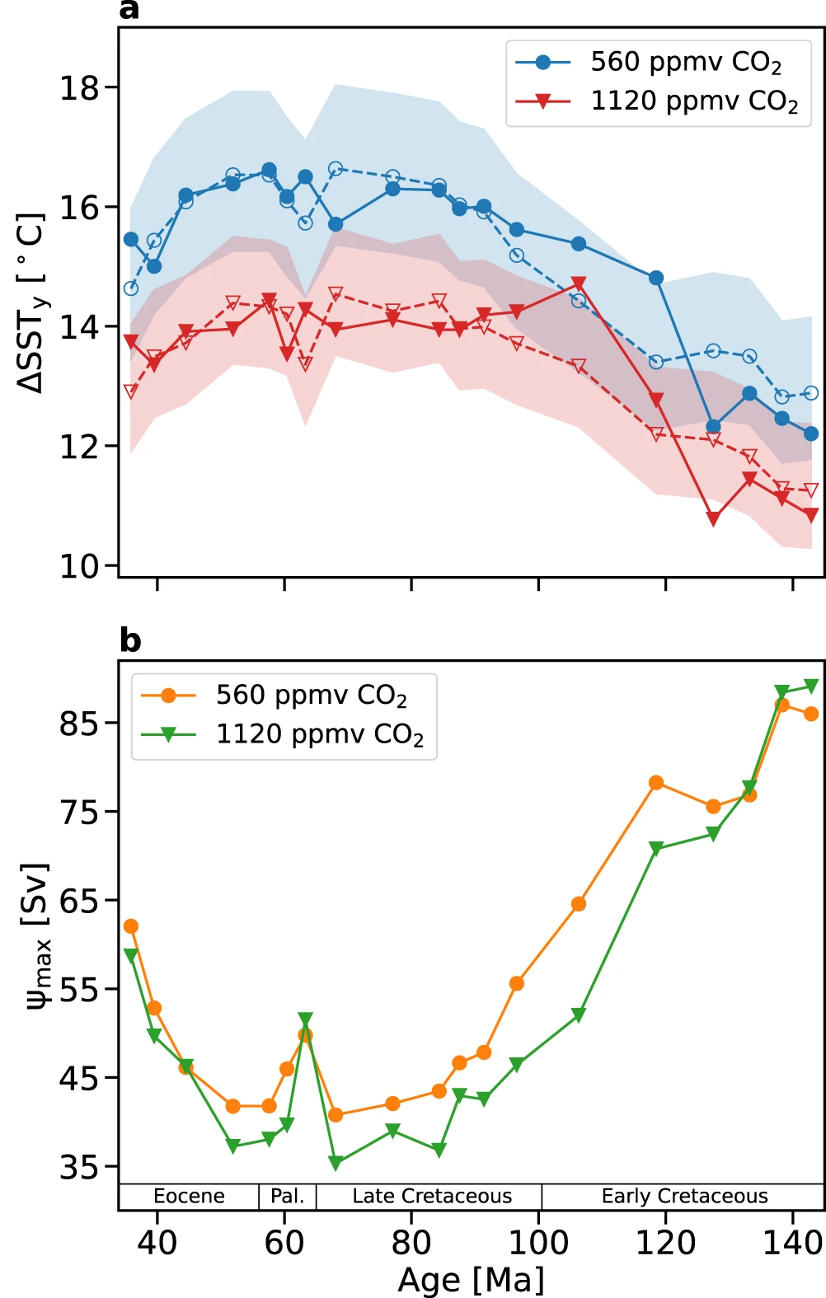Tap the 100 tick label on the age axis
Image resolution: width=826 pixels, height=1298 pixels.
[538, 1242]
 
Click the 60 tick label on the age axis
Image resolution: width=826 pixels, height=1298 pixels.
[284, 1242]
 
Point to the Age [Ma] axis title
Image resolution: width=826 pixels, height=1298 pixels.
[471, 1280]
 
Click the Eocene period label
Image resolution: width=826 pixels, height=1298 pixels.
[189, 1196]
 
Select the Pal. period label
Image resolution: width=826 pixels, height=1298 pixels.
[288, 1196]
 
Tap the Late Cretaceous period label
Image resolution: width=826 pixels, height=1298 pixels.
[432, 1196]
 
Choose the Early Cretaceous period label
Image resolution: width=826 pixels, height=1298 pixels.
[684, 1196]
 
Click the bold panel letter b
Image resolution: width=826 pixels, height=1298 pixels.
[130, 640]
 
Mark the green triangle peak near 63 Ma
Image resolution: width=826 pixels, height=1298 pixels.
[305, 1019]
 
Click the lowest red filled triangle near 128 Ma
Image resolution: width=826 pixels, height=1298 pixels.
[713, 518]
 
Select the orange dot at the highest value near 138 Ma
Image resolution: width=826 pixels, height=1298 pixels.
[782, 705]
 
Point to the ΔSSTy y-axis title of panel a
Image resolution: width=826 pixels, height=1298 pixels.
[31, 302]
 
